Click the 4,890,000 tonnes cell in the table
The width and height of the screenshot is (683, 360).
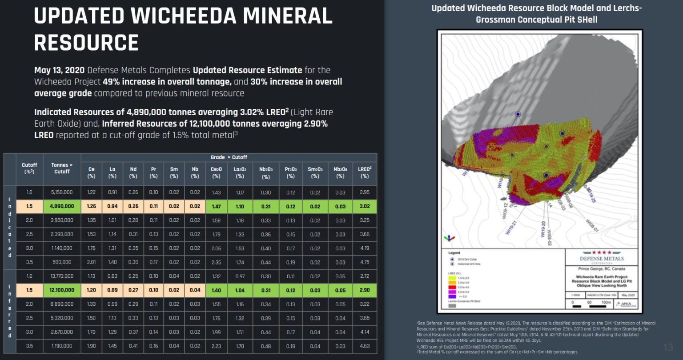tap(62, 206)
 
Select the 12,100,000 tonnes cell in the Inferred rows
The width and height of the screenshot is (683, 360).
tap(62, 290)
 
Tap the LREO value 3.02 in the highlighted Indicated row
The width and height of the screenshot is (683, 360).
tap(364, 206)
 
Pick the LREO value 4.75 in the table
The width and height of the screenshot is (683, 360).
tap(364, 262)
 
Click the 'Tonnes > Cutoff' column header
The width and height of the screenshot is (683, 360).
tap(62, 168)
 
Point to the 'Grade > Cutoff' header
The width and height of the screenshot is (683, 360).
tap(229, 157)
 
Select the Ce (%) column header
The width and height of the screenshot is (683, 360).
tap(92, 172)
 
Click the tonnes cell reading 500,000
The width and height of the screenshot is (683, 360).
tap(62, 262)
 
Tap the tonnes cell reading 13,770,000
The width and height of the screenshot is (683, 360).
tap(62, 276)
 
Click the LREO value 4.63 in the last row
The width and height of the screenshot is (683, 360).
tap(364, 346)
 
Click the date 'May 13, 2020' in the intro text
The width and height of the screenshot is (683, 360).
tap(59, 70)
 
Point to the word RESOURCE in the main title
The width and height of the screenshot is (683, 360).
tap(86, 43)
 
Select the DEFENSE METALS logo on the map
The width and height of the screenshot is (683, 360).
tap(602, 257)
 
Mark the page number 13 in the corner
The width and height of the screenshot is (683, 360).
tap(668, 347)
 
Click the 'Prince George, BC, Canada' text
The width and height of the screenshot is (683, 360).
tap(602, 269)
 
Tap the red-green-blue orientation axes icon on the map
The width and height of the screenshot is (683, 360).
tap(450, 238)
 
